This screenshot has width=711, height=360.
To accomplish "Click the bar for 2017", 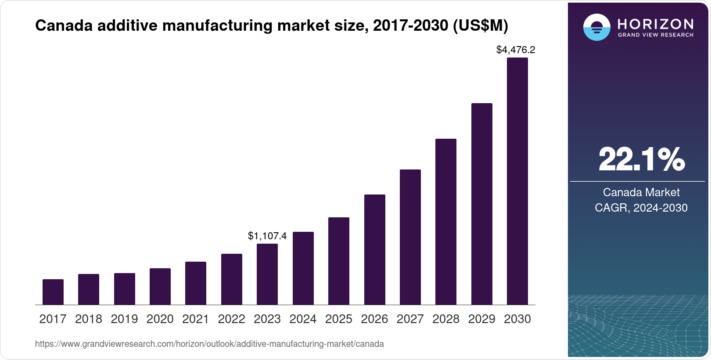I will coord(53,292).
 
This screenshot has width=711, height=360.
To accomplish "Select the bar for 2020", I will coord(160,287).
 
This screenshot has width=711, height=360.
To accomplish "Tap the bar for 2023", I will coord(267,274).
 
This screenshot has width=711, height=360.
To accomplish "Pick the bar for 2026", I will coord(375,249).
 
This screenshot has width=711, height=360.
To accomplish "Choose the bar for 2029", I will coord(482,204).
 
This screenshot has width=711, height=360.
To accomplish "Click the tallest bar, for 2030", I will coord(517,181).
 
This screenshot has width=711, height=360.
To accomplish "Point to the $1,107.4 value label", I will coord(267,236).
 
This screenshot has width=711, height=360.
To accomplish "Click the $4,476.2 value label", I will coord(516,50).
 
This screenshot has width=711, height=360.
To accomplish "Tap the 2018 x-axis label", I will coord(89,319).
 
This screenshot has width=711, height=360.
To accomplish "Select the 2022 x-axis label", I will coord(232,319).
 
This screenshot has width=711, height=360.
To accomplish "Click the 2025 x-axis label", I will coord(339,319).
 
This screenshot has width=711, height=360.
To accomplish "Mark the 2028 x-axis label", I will coord(446,319).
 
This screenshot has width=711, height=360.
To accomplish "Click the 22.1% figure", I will coord(641,159).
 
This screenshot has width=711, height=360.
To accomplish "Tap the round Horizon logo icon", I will coord(596,27).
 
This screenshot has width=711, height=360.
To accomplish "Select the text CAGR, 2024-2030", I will coord(641,208).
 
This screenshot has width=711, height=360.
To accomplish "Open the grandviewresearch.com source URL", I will coord(209,344).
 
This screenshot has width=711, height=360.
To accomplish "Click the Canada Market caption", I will coord(641,192).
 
